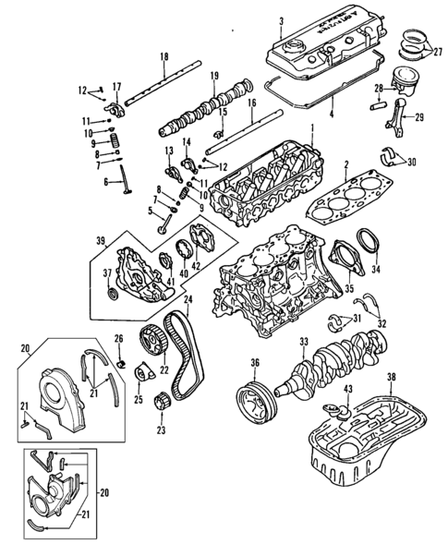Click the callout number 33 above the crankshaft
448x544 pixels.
point(304,342)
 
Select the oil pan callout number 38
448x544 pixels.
point(391,377)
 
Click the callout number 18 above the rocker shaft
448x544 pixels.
point(163,58)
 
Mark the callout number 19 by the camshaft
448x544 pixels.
point(213,75)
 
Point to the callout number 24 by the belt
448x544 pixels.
point(188,299)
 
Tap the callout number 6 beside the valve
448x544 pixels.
point(105,182)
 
